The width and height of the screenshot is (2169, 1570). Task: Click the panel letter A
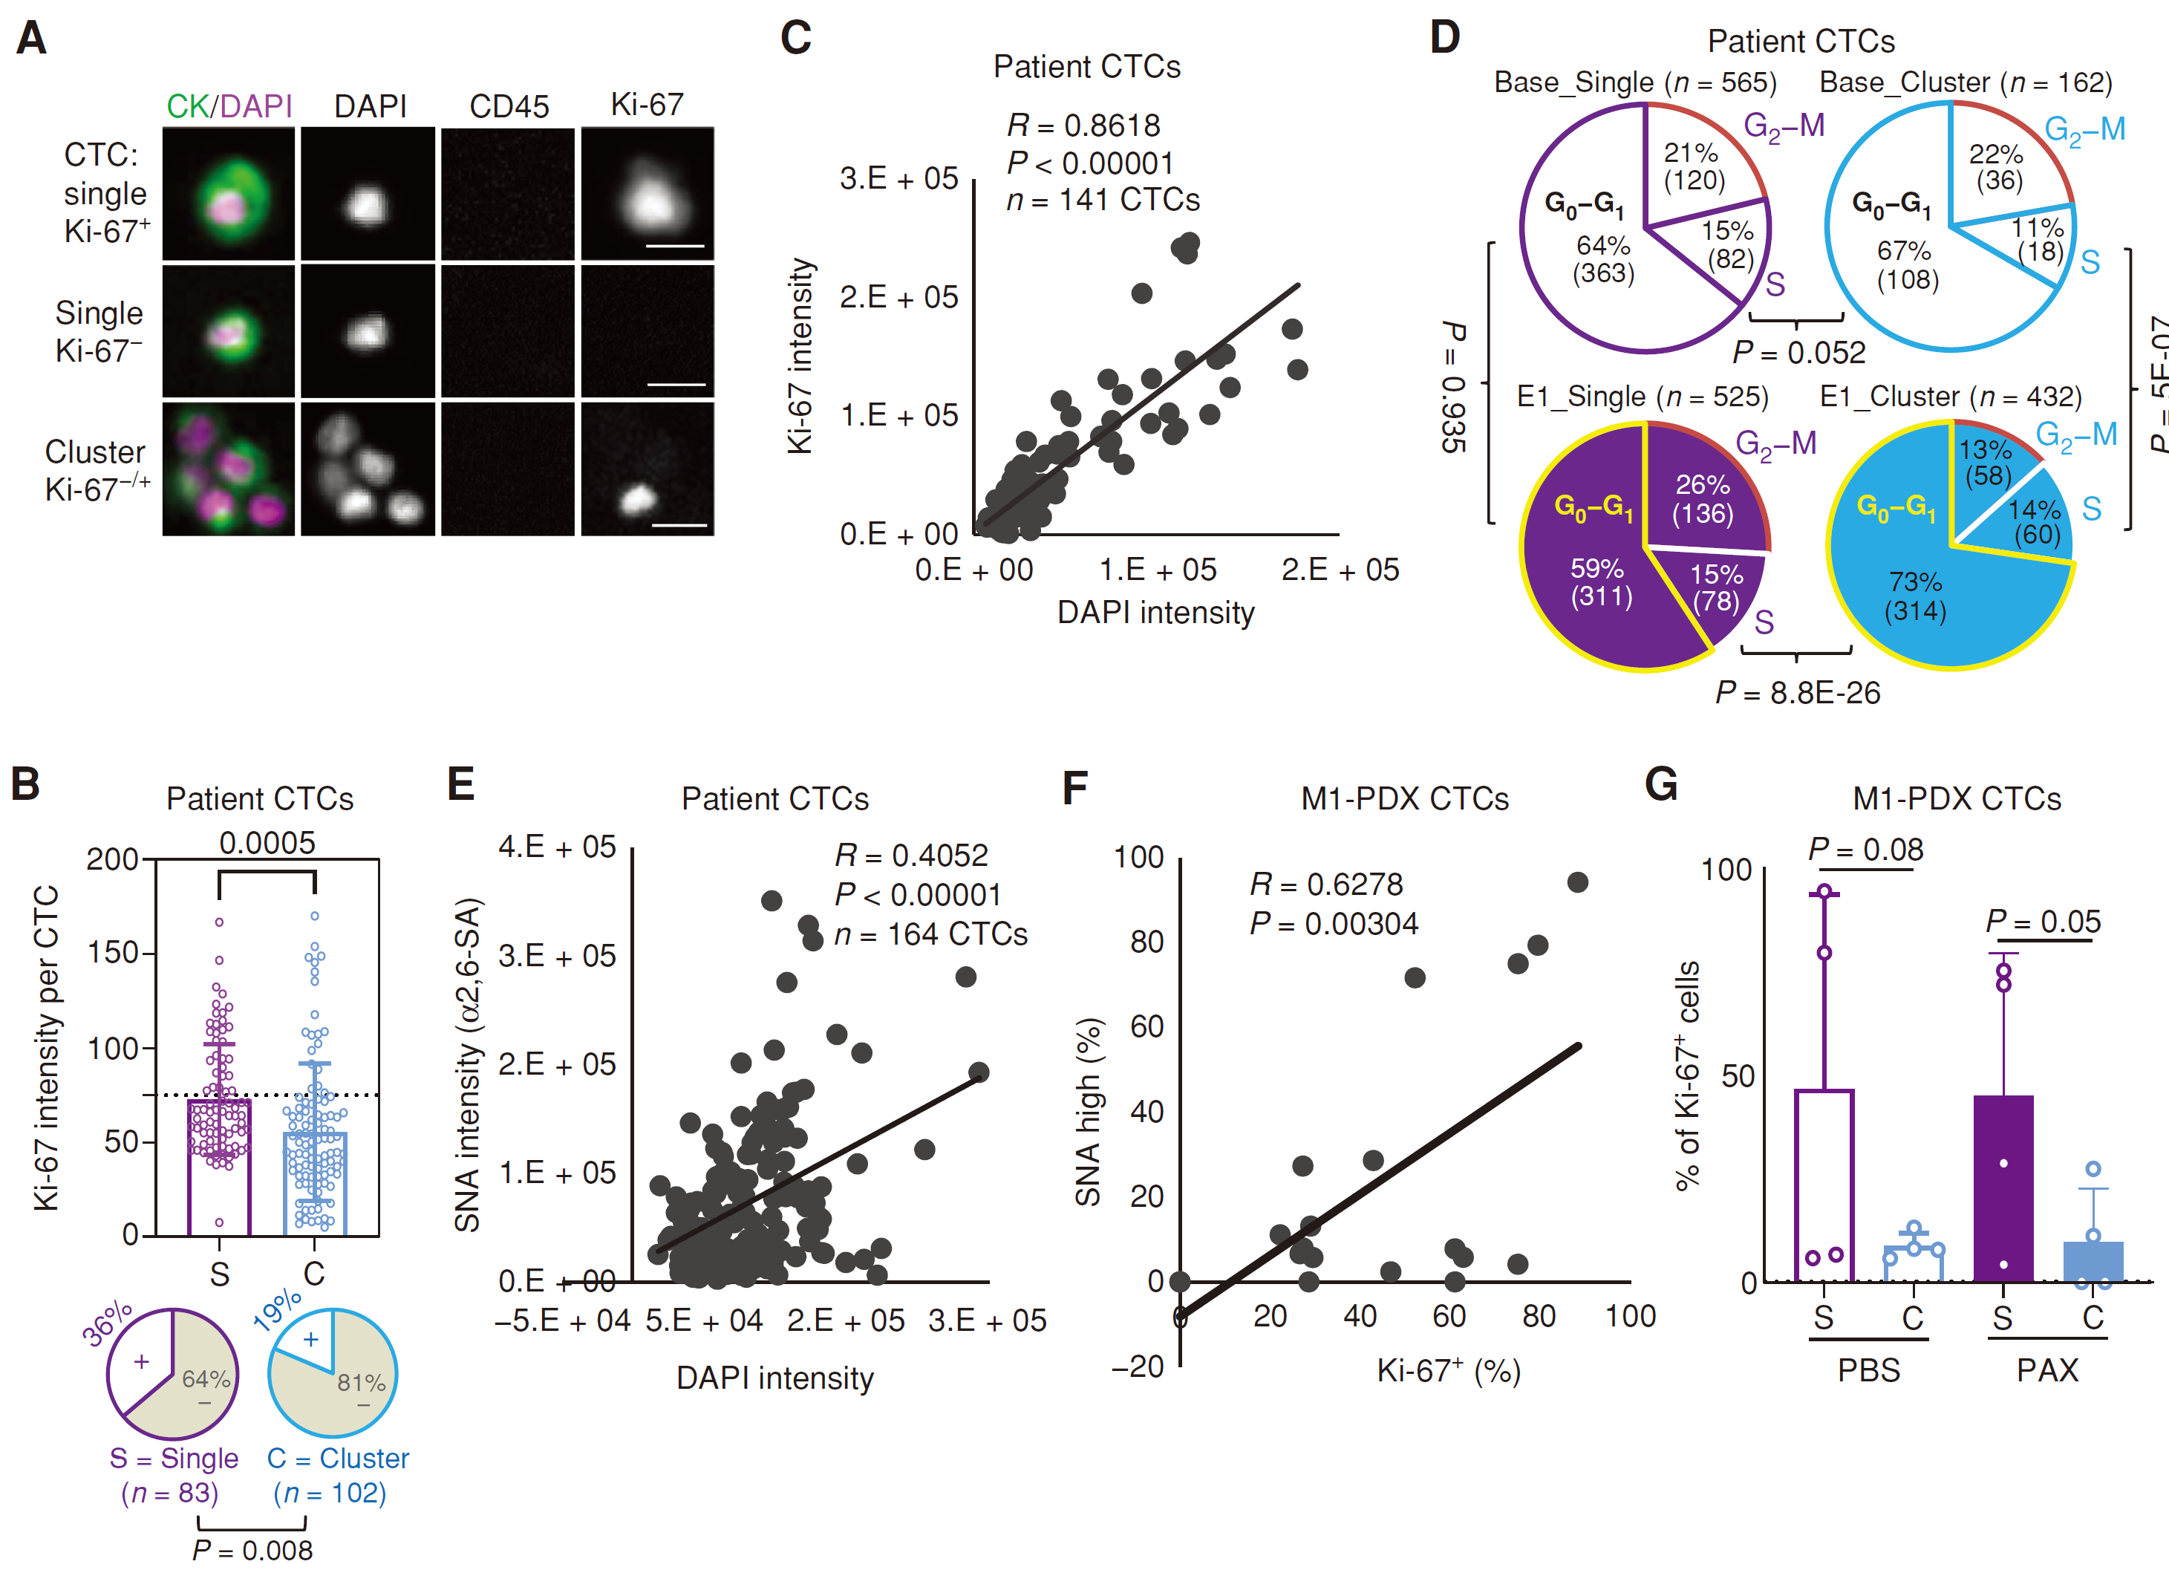tap(32, 39)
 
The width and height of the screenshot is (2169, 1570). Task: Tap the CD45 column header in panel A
tap(509, 106)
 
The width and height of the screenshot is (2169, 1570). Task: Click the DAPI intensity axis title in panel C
tap(1155, 612)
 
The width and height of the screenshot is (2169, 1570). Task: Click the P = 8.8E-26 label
tap(1797, 693)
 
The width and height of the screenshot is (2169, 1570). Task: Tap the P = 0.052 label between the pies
tap(1798, 353)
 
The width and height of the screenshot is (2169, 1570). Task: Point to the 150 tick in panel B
tap(113, 953)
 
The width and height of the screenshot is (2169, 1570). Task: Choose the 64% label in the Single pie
tap(206, 1378)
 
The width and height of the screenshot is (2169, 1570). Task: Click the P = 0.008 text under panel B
tap(252, 1550)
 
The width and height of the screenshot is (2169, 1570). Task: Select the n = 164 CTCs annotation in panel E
tap(930, 934)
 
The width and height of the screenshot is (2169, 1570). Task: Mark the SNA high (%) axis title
tap(1089, 1112)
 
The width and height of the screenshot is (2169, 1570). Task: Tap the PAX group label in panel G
tap(2046, 1370)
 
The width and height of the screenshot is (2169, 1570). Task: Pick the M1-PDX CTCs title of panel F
tap(1404, 799)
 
